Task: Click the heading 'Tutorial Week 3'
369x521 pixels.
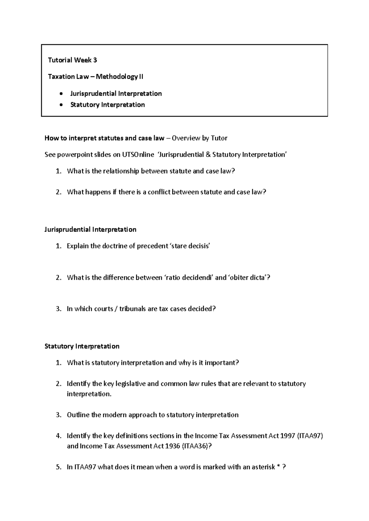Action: point(72,60)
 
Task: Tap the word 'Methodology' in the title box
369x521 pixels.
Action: point(117,77)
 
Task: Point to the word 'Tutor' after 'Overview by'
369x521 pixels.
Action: point(219,138)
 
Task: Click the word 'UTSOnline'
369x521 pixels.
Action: point(138,155)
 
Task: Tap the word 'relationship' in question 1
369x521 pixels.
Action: point(121,171)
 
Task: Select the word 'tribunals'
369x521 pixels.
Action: point(133,309)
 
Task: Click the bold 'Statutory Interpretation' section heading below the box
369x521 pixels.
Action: point(82,347)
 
